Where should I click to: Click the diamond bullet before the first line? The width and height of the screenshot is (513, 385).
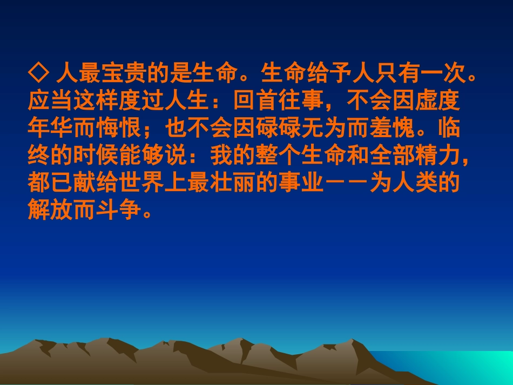pos(37,73)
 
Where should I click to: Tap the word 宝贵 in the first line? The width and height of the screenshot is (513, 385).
pos(111,73)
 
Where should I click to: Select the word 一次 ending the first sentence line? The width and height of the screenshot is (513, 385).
pos(443,73)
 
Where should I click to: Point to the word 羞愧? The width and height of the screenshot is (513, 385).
pos(416,129)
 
